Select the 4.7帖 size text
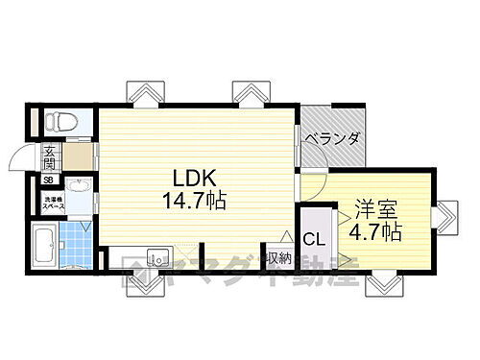376,231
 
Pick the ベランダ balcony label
332,139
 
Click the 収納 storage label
279,259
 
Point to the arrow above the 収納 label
284,238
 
